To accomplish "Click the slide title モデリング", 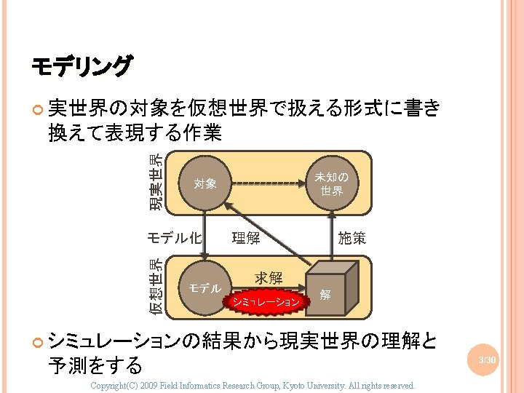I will coord(82,67).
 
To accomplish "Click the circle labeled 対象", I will coord(205,183).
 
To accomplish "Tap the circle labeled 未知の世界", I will coord(331,183).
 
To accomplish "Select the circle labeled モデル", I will coord(205,288).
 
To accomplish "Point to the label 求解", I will coord(268,277).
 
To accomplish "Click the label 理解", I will coord(245,238).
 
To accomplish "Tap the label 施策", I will coord(352,238).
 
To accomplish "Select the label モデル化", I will coord(175,237).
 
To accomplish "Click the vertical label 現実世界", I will coord(156,183).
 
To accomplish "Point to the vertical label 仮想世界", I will coord(156,287).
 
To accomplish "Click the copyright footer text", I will coord(252,385).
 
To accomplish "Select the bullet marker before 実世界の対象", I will coord(38,109).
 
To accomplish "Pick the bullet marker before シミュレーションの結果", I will coord(38,340).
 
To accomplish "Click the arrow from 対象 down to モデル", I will coord(205,236).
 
